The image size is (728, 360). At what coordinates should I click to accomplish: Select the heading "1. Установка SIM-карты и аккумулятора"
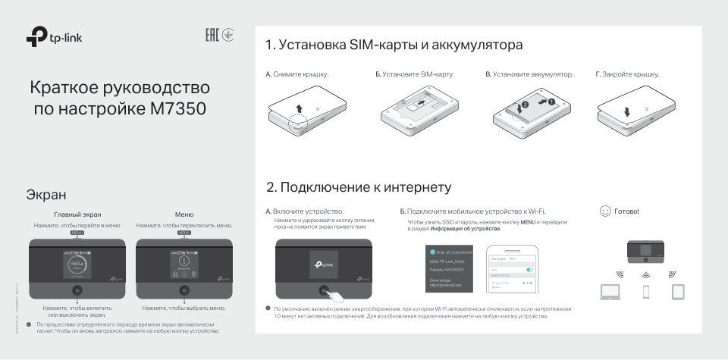tap(394, 45)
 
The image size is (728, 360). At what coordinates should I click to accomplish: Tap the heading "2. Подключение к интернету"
tap(359, 187)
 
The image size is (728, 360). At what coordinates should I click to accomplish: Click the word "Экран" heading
tap(45, 195)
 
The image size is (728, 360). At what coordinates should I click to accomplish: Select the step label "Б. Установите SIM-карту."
tap(414, 75)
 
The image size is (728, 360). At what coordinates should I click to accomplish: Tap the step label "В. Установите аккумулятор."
tap(529, 75)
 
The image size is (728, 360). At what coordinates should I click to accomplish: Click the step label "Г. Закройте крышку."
tap(627, 75)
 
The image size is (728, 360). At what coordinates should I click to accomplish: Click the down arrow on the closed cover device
tap(627, 112)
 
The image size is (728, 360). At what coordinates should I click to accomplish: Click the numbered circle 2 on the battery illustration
tap(524, 104)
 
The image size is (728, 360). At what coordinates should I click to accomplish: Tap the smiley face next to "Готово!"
tap(604, 211)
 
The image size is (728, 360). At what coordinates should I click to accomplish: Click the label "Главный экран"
tap(77, 214)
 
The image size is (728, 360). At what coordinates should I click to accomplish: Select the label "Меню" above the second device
tap(184, 214)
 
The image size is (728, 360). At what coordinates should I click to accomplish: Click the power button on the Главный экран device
tap(77, 290)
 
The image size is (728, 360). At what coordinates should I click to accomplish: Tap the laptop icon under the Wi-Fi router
tap(611, 290)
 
